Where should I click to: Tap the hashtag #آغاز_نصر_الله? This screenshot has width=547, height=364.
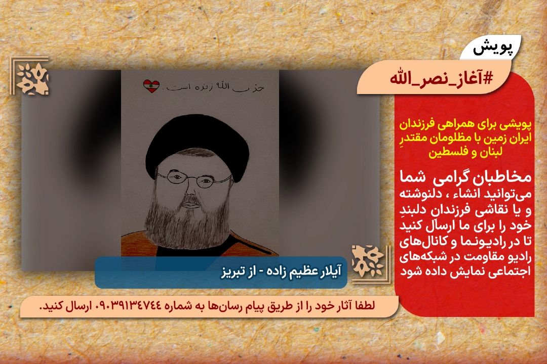pos(442,78)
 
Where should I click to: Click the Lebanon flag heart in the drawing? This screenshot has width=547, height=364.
pos(151,86)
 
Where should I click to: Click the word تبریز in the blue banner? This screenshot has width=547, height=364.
pos(233,271)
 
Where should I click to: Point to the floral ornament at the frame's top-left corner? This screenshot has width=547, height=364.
pos(32,77)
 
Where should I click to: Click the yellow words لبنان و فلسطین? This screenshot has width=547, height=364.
pos(465,152)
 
